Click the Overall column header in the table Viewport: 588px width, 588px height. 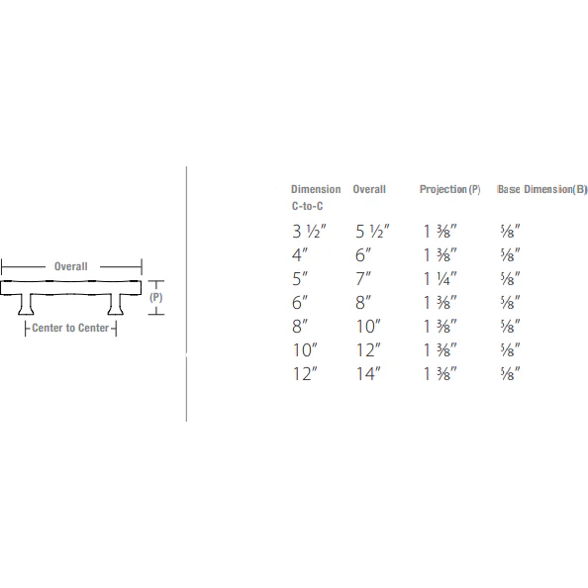point(369,189)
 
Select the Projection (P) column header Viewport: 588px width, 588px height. point(449,189)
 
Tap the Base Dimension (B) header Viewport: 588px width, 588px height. point(542,189)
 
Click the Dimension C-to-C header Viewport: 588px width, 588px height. point(315,197)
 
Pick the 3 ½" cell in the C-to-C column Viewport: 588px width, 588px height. point(309,232)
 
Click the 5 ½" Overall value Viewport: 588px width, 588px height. point(372,232)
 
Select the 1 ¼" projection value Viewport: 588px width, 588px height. point(440,279)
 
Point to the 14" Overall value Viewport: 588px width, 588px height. point(368,373)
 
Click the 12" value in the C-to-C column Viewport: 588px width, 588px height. point(304,373)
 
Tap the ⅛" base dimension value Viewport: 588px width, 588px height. point(511,232)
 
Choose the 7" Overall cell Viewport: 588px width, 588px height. point(363,279)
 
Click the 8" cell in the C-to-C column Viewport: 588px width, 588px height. point(300,327)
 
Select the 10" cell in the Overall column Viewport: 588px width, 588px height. point(368,327)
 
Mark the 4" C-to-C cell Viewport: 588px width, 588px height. point(300,255)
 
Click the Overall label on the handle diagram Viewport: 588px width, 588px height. point(70,266)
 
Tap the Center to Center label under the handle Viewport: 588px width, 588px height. point(70,328)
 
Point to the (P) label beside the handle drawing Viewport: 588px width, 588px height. point(155,297)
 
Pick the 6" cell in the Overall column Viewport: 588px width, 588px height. point(363,255)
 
